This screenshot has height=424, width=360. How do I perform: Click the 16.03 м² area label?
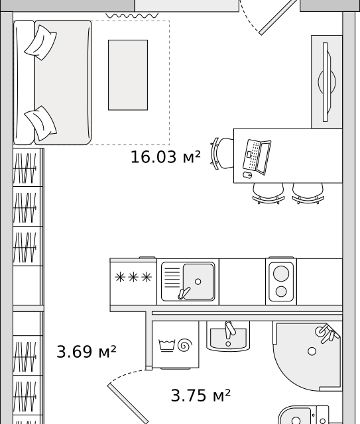(x=165, y=157)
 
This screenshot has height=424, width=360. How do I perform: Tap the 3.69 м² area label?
(x=86, y=352)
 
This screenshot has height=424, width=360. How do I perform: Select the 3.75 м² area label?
(x=201, y=396)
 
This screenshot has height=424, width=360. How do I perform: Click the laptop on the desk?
(x=257, y=157)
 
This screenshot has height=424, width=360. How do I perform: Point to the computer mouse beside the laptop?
(x=247, y=175)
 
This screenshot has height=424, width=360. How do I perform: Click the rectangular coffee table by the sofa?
(x=128, y=75)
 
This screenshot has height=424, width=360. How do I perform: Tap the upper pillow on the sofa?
(x=41, y=42)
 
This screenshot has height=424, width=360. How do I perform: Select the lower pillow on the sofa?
(x=41, y=123)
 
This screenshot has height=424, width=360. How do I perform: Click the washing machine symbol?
(x=176, y=344)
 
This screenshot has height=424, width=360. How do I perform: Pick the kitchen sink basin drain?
(x=198, y=282)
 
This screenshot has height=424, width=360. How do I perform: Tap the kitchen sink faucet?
(x=184, y=293)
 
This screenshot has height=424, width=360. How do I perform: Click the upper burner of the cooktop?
(x=281, y=274)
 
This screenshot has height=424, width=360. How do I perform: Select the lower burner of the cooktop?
(x=281, y=291)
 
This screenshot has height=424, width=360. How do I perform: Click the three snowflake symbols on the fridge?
(x=133, y=278)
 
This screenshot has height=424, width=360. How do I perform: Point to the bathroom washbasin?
(x=228, y=336)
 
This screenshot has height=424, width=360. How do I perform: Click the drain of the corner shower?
(x=312, y=351)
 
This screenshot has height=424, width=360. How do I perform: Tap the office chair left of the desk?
(x=222, y=154)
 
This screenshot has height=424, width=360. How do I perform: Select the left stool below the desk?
(x=269, y=193)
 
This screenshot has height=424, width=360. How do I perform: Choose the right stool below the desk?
(x=308, y=193)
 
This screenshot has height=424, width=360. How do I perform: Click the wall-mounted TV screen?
(x=325, y=82)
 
